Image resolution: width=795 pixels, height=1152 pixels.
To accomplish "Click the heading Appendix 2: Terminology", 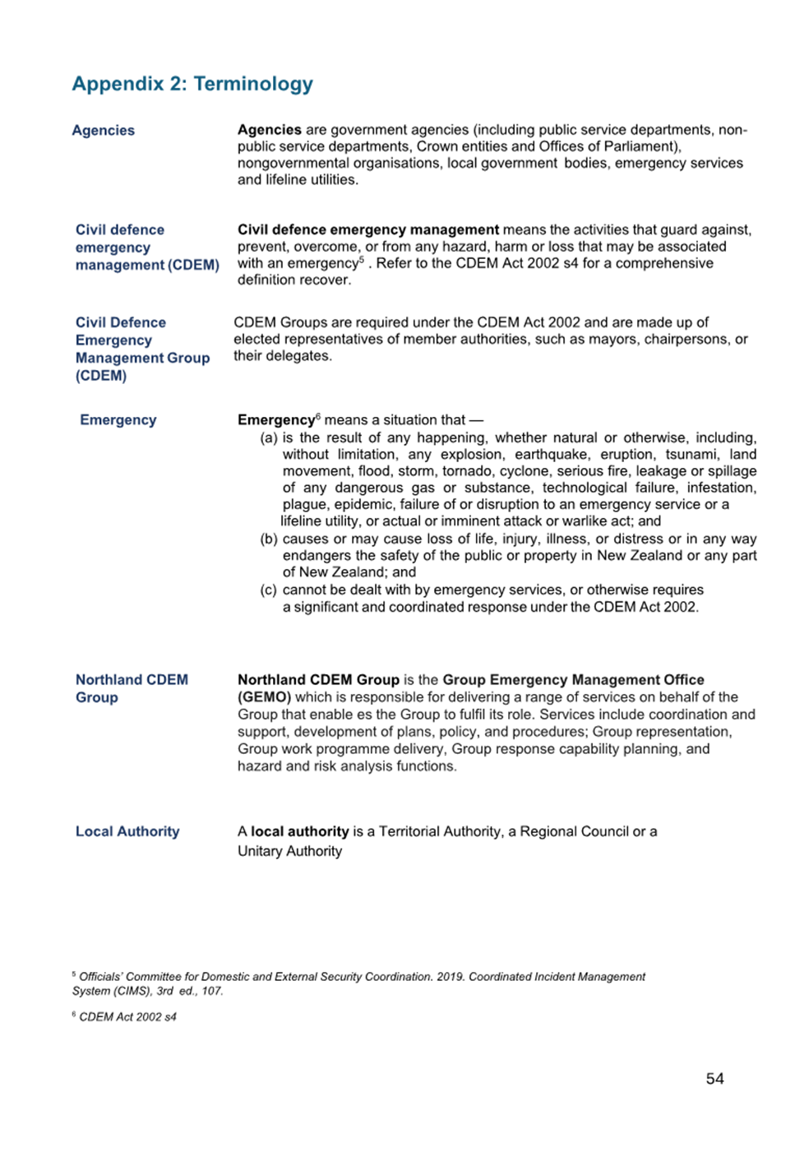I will coord(192,84).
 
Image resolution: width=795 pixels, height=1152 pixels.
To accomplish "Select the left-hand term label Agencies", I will coord(103,130).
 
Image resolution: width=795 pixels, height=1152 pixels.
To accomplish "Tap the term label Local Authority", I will coord(127,831).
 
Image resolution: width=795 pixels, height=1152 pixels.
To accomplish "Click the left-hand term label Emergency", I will coord(118,419).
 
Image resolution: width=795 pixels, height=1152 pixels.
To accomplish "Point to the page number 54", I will coord(714,1078).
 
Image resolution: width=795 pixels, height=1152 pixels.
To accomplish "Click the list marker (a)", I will coord(269,437).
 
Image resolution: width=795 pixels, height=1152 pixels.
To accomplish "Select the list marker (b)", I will coord(269,539).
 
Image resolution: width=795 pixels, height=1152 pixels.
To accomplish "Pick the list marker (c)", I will coord(269,590).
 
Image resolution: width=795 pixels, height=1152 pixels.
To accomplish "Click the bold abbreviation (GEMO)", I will coord(264,696).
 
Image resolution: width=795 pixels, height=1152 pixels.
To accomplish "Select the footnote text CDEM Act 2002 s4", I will coord(127,1016).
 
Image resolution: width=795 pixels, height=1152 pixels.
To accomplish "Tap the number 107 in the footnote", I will coord(212,991).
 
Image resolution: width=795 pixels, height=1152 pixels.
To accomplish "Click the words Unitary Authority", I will coord(289,851).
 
